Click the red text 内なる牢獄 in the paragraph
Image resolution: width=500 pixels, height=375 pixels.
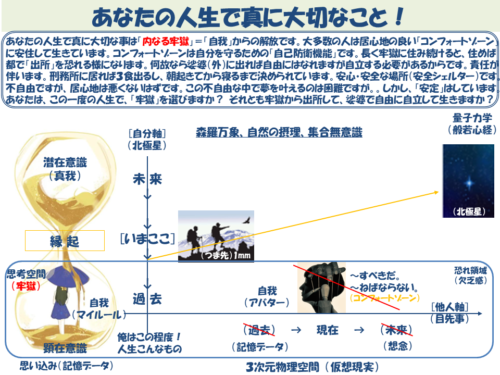pos(166,41)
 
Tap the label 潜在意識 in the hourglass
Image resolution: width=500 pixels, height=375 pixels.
pos(65,162)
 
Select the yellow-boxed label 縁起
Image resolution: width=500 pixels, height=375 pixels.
pos(65,241)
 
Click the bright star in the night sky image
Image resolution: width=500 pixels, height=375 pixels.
pos(469,183)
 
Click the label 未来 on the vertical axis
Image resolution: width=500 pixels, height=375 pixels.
pos(147,179)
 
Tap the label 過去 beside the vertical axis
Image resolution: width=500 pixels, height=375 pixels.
pos(147,299)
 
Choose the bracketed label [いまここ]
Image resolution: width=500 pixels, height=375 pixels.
pos(147,239)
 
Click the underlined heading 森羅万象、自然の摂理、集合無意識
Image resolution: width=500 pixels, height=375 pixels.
pos(279,132)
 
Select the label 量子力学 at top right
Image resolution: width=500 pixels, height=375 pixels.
pos(472,118)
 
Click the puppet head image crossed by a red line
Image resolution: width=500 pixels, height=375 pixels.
pos(321,287)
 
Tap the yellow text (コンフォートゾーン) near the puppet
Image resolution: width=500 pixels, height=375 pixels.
pos(384,298)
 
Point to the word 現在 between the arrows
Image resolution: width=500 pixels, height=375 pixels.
pos(328,330)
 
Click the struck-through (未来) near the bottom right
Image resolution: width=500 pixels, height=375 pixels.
pos(396,330)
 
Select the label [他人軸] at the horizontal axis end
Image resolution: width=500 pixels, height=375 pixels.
pos(449,307)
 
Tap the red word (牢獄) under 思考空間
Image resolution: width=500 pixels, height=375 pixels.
pos(26,286)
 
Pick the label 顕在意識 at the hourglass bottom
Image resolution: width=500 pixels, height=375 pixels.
pos(65,348)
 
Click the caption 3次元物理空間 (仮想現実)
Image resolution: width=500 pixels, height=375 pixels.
pos(312,367)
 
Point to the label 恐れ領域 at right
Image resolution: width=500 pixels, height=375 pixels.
pos(470,271)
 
